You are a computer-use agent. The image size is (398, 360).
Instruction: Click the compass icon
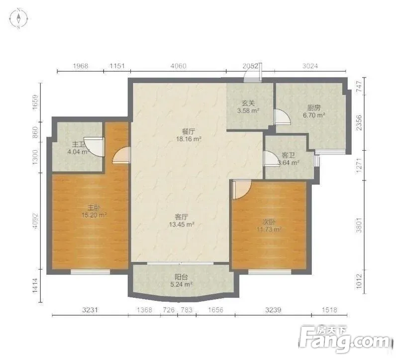click(18, 18)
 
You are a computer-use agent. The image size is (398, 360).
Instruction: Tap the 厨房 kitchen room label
click(314, 108)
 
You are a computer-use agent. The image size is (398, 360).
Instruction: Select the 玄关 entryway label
click(248, 103)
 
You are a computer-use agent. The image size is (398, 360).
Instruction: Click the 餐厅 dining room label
click(189, 132)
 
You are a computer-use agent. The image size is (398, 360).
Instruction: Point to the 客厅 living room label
click(182, 217)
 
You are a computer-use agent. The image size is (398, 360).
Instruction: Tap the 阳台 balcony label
click(181, 277)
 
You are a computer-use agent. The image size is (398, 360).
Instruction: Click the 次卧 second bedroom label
click(269, 222)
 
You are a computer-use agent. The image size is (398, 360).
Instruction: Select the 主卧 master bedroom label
click(94, 208)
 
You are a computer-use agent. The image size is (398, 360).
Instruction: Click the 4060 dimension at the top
click(179, 66)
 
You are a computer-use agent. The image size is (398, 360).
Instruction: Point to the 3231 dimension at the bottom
click(90, 310)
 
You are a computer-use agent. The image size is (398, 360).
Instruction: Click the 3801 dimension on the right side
click(359, 225)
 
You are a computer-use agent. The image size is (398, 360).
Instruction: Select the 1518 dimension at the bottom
click(329, 310)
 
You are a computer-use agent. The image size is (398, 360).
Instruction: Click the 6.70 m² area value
click(314, 115)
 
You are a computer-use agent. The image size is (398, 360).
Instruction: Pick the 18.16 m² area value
click(189, 139)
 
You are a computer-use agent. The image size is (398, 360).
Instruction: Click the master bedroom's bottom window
click(91, 271)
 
